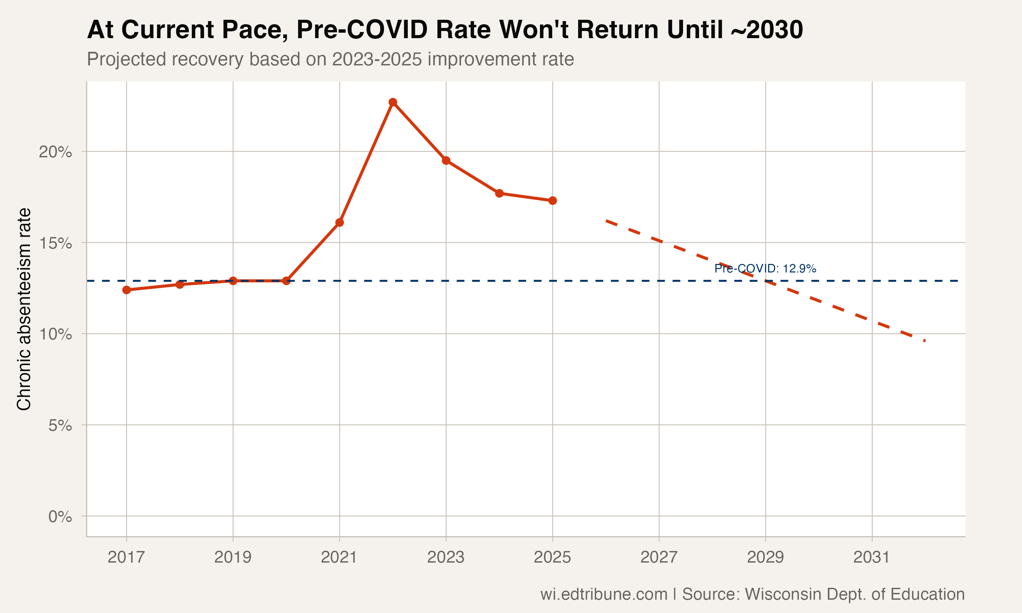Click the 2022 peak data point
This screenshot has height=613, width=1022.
[x=393, y=102]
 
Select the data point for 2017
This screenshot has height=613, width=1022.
[x=126, y=290]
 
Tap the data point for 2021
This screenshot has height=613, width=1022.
[x=340, y=223]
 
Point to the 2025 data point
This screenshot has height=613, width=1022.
[x=553, y=201]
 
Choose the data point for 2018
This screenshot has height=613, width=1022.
[x=180, y=285]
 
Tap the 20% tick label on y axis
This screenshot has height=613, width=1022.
[x=55, y=152]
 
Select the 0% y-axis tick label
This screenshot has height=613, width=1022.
[x=60, y=516]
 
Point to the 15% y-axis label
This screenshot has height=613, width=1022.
[x=55, y=243]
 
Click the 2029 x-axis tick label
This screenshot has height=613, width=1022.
[x=765, y=557]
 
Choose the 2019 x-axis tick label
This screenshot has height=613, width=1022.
[x=233, y=557]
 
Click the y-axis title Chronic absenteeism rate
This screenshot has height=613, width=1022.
[x=24, y=309]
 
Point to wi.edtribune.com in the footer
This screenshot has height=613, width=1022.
[x=604, y=594]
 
